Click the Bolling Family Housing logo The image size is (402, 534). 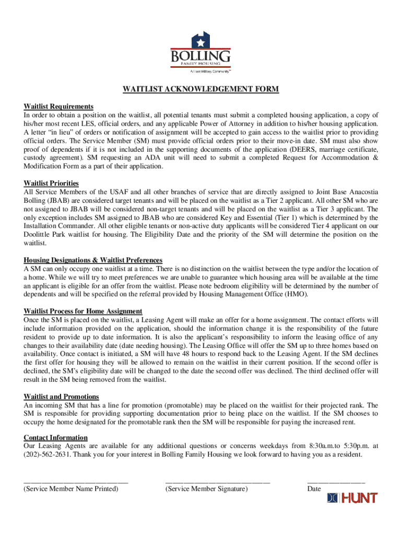click(x=200, y=53)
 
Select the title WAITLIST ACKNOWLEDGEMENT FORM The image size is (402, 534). click(x=200, y=89)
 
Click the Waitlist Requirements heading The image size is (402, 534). click(x=58, y=106)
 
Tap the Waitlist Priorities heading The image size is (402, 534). click(x=51, y=183)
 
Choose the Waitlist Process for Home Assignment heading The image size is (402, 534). click(x=83, y=311)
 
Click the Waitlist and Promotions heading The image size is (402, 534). click(x=61, y=396)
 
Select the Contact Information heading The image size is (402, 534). click(x=55, y=438)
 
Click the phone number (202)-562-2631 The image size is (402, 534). click(x=46, y=454)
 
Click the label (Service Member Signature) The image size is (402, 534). click(x=206, y=489)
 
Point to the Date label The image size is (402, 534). click(x=314, y=489)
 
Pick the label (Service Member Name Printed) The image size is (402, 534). click(x=71, y=489)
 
